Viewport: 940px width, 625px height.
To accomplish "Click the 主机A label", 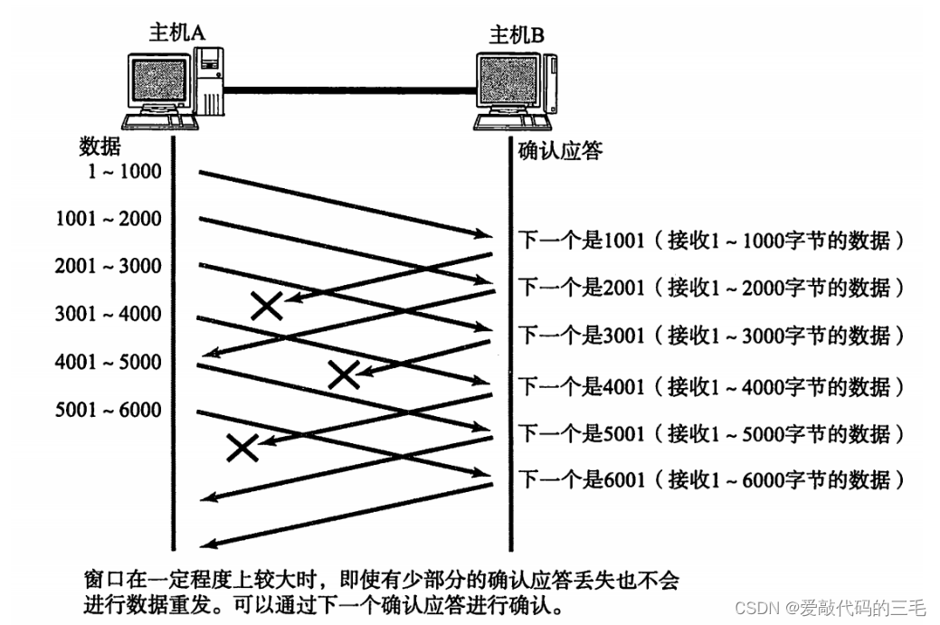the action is tap(177, 33).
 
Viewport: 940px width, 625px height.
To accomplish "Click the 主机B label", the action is tap(517, 35).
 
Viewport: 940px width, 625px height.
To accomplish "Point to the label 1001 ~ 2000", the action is tap(108, 218).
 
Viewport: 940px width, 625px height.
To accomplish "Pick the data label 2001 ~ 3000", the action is tap(108, 266).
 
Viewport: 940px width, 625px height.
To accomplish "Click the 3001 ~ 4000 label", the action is tap(108, 314).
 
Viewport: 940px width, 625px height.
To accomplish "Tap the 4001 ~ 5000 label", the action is tap(108, 362).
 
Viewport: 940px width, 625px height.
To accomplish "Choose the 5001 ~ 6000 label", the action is tap(108, 410).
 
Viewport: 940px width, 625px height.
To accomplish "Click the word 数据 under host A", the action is tap(100, 146).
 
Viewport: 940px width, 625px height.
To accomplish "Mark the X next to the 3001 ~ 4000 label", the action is tap(267, 306).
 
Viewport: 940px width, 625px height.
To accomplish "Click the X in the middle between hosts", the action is tap(343, 373).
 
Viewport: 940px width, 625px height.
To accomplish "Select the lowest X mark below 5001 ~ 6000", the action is tap(242, 446).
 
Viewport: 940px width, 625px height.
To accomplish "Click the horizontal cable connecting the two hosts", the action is tap(349, 89).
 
